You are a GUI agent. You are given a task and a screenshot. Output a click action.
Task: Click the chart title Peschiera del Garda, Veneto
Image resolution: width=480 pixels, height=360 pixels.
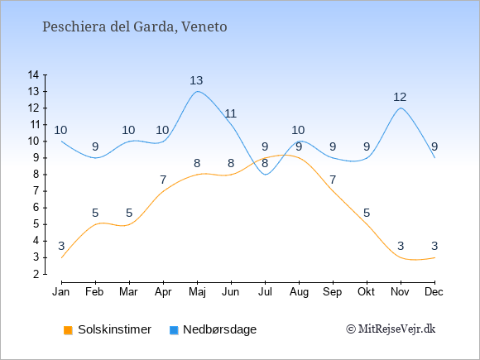click(135, 26)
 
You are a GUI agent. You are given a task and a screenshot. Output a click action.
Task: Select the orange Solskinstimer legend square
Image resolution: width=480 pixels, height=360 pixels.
click(68, 330)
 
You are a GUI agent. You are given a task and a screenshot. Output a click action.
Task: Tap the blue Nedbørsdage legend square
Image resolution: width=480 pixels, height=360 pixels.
click(174, 330)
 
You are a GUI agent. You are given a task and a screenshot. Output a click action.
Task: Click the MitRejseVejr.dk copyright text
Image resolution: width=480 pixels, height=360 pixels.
click(391, 329)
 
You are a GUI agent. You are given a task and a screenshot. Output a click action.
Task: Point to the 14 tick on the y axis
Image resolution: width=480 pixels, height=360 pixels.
click(33, 74)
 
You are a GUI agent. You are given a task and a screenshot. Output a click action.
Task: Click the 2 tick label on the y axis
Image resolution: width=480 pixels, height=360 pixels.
click(36, 274)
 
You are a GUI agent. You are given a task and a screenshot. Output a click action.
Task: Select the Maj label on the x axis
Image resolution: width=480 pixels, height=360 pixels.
click(197, 292)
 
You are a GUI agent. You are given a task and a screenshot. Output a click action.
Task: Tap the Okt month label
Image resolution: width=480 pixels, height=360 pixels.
click(366, 292)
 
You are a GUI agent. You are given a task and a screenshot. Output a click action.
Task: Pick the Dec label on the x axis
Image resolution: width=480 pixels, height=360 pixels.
click(434, 292)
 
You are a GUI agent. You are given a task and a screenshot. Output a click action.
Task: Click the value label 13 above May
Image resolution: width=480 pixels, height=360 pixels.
click(196, 80)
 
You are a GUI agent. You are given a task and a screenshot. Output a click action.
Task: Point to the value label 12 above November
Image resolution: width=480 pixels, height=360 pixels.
click(400, 97)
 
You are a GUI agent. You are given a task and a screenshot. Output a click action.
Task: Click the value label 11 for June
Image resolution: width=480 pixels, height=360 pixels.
click(231, 113)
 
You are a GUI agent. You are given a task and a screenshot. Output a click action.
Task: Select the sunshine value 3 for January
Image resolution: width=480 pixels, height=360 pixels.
click(61, 246)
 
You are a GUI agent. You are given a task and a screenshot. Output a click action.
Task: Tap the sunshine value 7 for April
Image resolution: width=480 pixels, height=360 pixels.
click(163, 180)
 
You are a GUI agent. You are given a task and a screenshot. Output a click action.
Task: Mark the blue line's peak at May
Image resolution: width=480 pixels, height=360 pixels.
click(197, 91)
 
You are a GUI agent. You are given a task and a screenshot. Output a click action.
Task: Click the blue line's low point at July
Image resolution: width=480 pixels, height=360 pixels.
click(265, 175)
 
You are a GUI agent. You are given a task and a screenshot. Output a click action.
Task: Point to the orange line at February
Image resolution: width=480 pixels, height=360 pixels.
click(95, 224)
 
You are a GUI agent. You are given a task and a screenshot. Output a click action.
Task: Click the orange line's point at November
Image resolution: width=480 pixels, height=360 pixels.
click(401, 257)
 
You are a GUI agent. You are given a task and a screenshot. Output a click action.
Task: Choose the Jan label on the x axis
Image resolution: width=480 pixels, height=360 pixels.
click(61, 292)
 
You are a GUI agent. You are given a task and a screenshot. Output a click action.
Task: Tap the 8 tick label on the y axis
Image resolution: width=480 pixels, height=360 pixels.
click(36, 175)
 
